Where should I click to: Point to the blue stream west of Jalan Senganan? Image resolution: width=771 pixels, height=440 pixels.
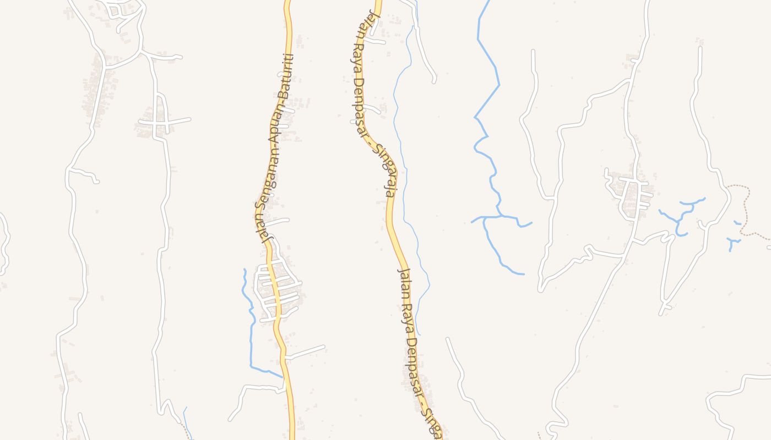click(251, 330)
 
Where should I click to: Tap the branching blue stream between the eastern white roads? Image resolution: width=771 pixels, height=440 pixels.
click(680, 217)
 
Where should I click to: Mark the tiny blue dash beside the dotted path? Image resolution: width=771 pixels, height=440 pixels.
click(737, 223)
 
